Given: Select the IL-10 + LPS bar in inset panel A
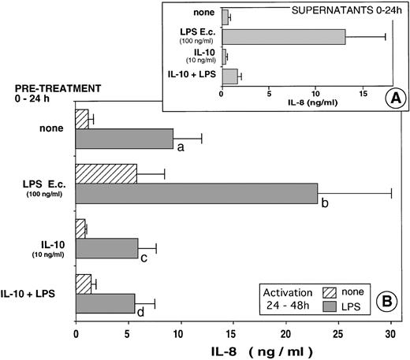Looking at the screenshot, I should click(x=229, y=75).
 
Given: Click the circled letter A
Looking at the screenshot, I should click(x=383, y=101).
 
